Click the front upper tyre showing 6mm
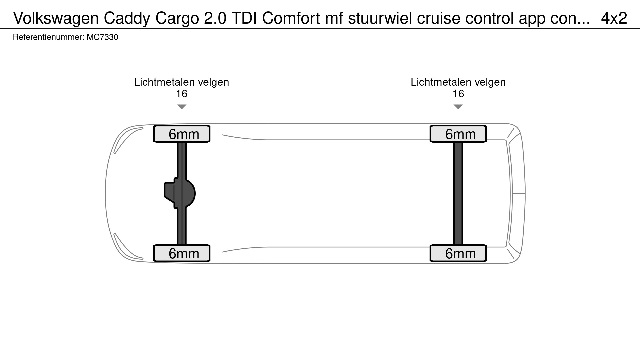click(x=182, y=134)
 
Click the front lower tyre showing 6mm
click(x=182, y=253)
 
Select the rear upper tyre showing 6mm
click(x=458, y=134)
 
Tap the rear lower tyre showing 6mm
click(x=458, y=253)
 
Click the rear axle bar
click(x=458, y=193)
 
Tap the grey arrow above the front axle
click(x=182, y=107)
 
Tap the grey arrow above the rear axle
click(x=458, y=107)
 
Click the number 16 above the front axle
click(x=182, y=94)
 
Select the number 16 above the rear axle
click(x=458, y=94)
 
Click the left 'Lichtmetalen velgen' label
click(x=182, y=82)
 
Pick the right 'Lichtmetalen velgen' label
click(x=458, y=82)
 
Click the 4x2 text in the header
click(x=614, y=18)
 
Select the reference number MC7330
click(x=102, y=37)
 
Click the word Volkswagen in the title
click(x=56, y=18)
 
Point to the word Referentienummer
click(x=48, y=37)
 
